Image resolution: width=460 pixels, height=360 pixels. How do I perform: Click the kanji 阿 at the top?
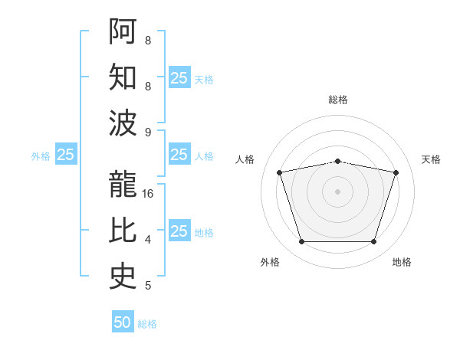pyautogui.click(x=123, y=31)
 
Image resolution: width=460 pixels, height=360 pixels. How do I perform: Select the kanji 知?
pyautogui.click(x=123, y=77)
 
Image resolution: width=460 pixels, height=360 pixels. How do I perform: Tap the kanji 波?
pyautogui.click(x=123, y=123)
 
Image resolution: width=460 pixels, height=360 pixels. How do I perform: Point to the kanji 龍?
pyautogui.click(x=123, y=184)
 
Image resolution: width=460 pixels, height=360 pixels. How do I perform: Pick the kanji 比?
pyautogui.click(x=123, y=230)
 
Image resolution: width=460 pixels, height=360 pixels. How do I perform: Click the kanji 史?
pyautogui.click(x=123, y=277)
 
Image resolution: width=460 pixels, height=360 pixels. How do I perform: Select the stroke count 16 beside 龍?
pyautogui.click(x=147, y=194)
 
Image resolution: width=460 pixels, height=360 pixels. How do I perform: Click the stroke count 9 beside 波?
pyautogui.click(x=148, y=133)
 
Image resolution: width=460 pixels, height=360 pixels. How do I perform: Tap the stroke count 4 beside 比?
pyautogui.click(x=148, y=240)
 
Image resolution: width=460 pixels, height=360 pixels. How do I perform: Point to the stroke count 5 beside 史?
pyautogui.click(x=148, y=286)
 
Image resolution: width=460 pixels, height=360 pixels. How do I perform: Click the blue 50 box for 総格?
pyautogui.click(x=123, y=321)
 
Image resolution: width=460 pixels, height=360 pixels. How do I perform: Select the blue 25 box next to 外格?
pyautogui.click(x=66, y=154)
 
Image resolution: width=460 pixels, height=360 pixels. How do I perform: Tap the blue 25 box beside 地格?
pyautogui.click(x=180, y=230)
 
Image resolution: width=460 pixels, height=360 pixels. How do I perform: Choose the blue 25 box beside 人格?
pyautogui.click(x=180, y=154)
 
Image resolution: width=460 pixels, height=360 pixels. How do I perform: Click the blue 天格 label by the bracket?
pyautogui.click(x=204, y=80)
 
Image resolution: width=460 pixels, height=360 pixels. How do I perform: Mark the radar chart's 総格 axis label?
pyautogui.click(x=338, y=100)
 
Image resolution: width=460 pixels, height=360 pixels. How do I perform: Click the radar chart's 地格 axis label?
pyautogui.click(x=402, y=262)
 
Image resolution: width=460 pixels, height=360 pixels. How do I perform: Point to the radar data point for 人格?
pyautogui.click(x=279, y=172)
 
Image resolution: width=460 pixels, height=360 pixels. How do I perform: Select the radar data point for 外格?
pyautogui.click(x=301, y=241)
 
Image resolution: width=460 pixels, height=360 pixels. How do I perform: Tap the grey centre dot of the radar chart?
pyautogui.click(x=337, y=191)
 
